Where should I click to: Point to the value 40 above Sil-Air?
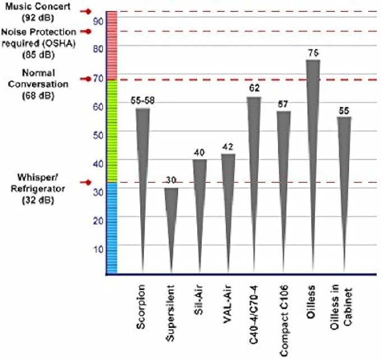[199, 152]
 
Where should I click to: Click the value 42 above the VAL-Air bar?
[228, 146]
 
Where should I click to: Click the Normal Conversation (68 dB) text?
[38, 84]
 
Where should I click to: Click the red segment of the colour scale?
[112, 45]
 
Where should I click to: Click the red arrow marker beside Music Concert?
[86, 11]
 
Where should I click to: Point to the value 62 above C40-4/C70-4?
[254, 89]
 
